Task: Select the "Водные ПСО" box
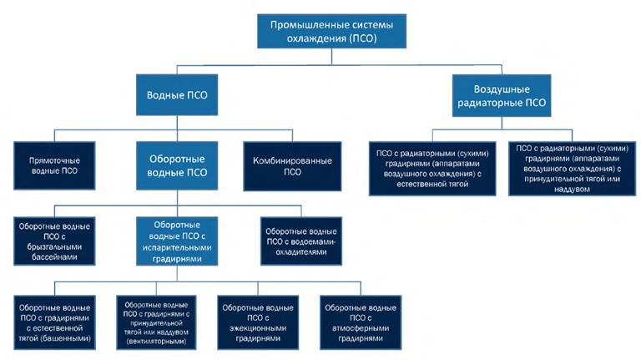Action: click(177, 95)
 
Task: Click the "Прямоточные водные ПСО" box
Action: click(53, 165)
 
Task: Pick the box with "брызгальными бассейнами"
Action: click(53, 241)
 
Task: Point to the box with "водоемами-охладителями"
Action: click(300, 241)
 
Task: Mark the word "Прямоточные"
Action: click(53, 160)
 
